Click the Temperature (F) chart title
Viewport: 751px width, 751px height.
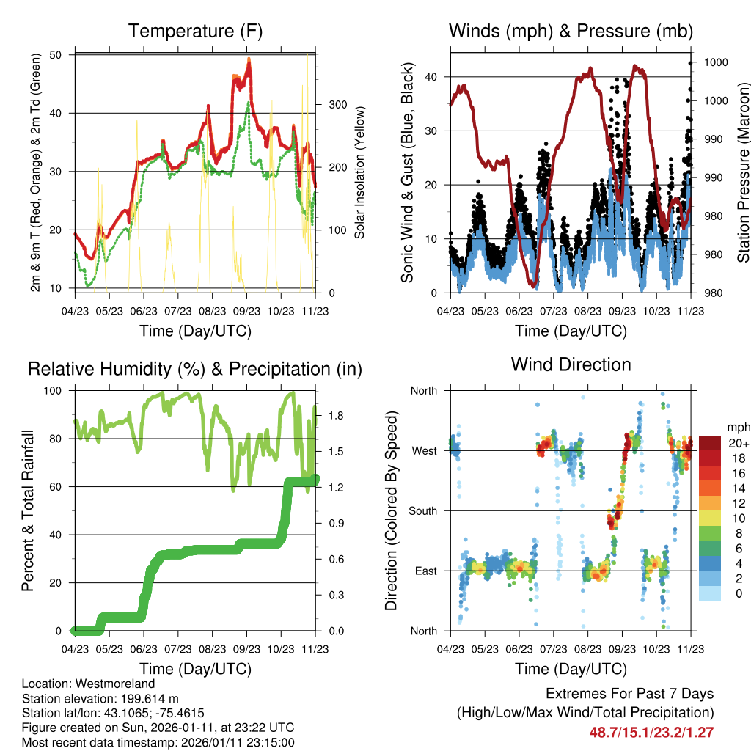click(195, 31)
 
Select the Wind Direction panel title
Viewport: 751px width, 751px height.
click(571, 364)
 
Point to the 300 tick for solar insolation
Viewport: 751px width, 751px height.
click(337, 104)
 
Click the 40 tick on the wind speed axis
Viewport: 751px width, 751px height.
click(434, 77)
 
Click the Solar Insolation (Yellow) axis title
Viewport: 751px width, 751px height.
click(360, 173)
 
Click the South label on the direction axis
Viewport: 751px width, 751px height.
click(423, 510)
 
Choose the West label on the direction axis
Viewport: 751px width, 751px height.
click(425, 450)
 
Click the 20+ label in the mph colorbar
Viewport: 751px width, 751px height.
click(738, 444)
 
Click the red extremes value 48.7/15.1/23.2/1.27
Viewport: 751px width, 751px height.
click(651, 732)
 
